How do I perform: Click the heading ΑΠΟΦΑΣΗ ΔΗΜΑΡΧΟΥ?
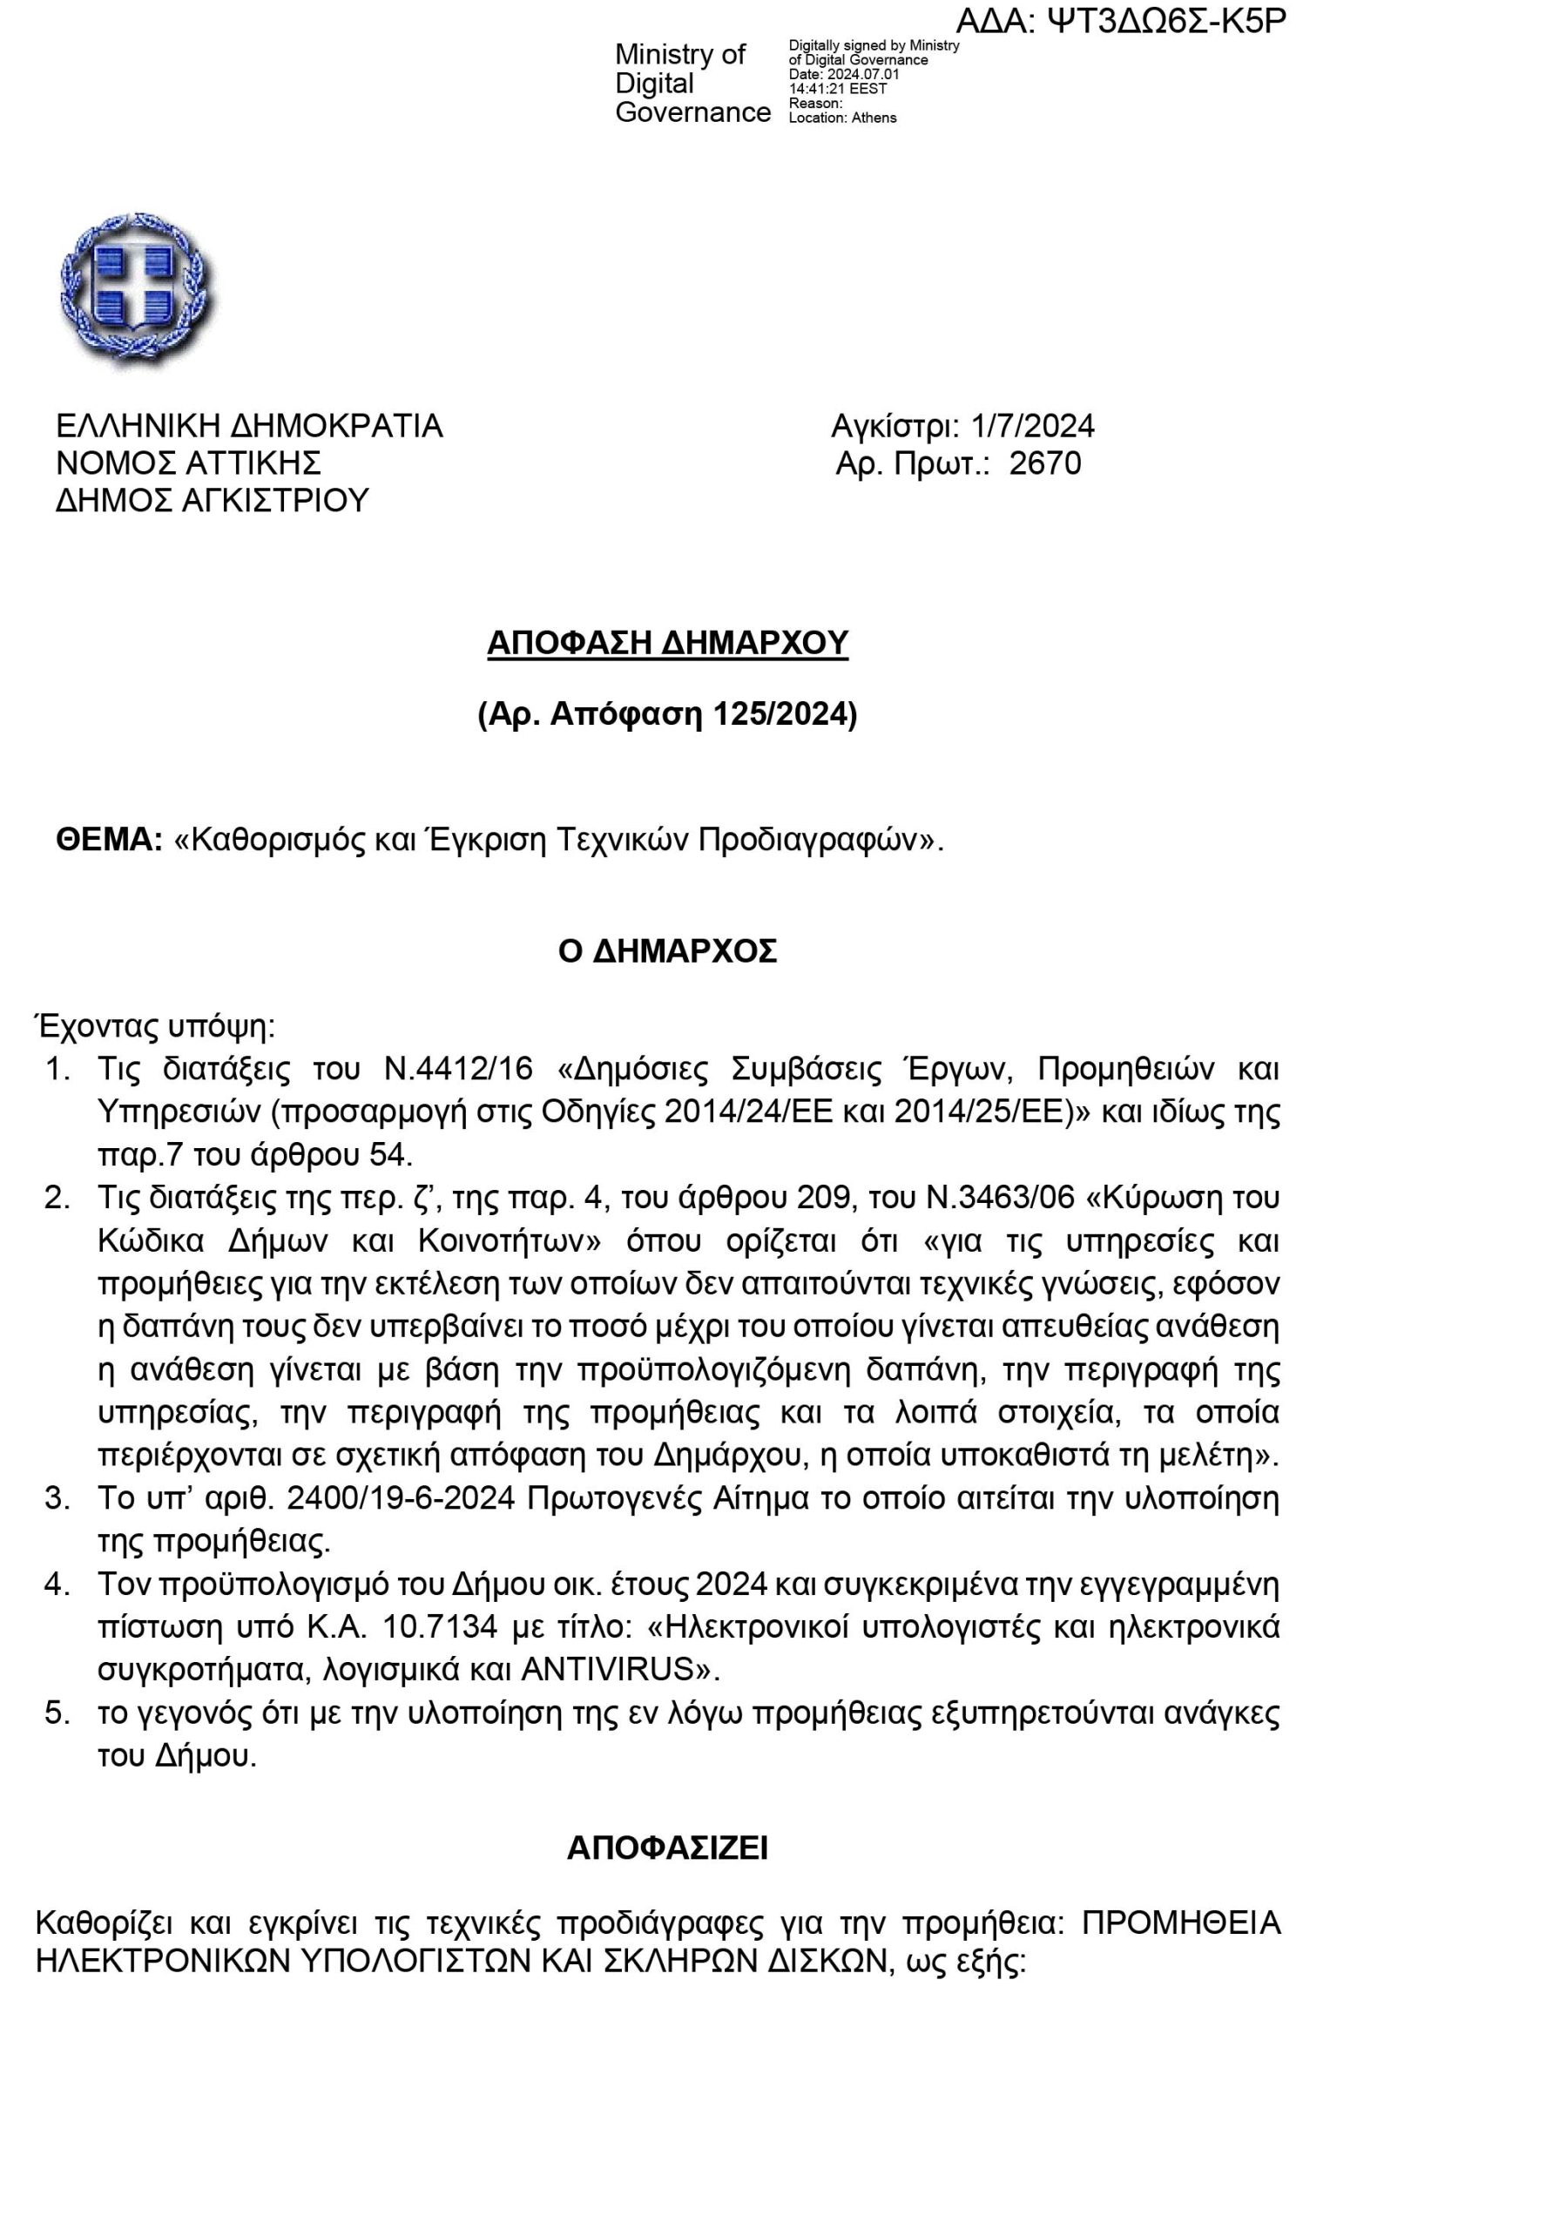coord(667,642)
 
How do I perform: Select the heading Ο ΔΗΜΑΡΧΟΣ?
coord(667,951)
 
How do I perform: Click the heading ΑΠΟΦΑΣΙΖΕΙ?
coord(667,1848)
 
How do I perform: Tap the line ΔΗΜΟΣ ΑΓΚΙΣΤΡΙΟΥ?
coord(213,501)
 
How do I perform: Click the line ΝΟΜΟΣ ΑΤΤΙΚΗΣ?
coord(188,463)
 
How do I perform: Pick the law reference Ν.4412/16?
coord(458,1070)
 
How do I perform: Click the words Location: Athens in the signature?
coord(843,118)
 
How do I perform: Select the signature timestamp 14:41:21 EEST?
coord(838,89)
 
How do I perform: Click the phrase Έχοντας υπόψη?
coord(155,1026)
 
